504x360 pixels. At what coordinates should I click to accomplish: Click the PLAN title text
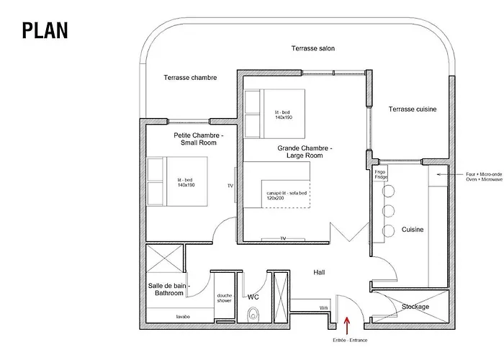[45, 30]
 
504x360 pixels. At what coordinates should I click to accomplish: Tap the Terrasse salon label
[312, 49]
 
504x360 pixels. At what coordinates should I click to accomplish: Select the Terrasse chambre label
[190, 78]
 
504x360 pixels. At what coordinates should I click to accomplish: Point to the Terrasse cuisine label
[413, 109]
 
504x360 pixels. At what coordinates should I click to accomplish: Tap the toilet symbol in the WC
[253, 314]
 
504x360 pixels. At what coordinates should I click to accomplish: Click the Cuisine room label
[413, 230]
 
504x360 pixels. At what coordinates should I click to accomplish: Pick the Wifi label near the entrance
[323, 307]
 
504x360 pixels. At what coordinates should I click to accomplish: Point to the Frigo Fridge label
[380, 175]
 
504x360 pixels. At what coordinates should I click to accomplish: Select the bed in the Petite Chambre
[173, 180]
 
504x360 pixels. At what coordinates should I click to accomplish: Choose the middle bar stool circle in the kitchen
[390, 212]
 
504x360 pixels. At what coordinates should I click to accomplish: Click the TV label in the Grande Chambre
[283, 238]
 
